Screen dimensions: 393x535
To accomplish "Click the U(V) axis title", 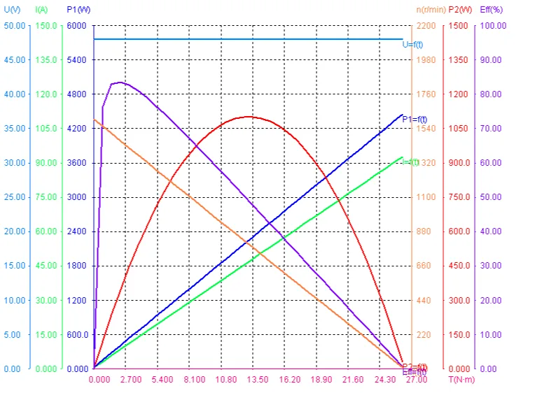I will [x=11, y=10].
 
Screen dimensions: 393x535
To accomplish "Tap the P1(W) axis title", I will [x=78, y=10].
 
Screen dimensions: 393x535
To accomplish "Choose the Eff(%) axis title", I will [x=492, y=10].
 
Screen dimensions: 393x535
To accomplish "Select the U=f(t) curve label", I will [x=412, y=45].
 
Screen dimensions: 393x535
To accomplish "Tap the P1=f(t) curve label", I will [x=415, y=119].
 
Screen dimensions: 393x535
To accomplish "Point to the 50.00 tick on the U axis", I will [x=14, y=25].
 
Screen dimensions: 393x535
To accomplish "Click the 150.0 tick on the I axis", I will [x=46, y=25].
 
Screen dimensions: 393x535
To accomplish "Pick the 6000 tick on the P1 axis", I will [x=76, y=25].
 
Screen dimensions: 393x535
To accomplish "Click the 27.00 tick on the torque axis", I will [x=417, y=380].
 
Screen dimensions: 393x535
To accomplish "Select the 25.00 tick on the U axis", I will [x=14, y=197].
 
